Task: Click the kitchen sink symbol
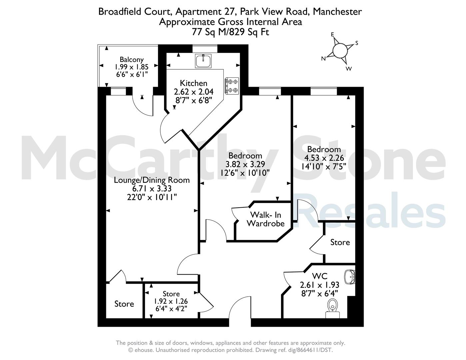pyautogui.click(x=203, y=61)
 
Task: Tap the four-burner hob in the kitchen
pyautogui.click(x=232, y=86)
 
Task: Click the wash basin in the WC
pyautogui.click(x=350, y=277)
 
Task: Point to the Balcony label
pyautogui.click(x=132, y=60)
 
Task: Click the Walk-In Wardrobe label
pyautogui.click(x=265, y=219)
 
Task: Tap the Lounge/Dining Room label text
pyautogui.click(x=152, y=180)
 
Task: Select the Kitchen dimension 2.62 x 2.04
pyautogui.click(x=194, y=92)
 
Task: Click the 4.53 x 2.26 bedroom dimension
pyautogui.click(x=324, y=158)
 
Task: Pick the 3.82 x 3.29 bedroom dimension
pyautogui.click(x=245, y=164)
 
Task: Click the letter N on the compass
pyautogui.click(x=323, y=59)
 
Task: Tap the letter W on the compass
pyautogui.click(x=349, y=69)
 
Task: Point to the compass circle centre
pyautogui.click(x=340, y=51)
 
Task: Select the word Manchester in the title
pyautogui.click(x=337, y=12)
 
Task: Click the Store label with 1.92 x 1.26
pyautogui.click(x=171, y=294)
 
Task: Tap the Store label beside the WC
pyautogui.click(x=340, y=242)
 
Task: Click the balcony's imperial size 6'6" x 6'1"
pyautogui.click(x=132, y=74)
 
